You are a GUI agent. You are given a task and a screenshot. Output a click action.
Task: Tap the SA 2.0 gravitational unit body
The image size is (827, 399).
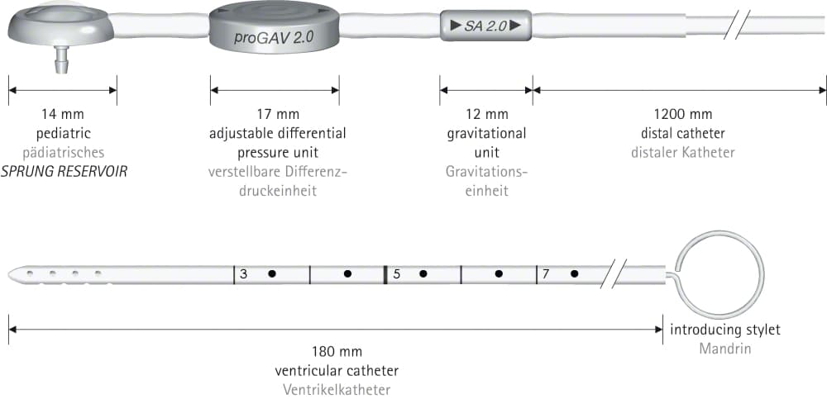pyautogui.click(x=485, y=26)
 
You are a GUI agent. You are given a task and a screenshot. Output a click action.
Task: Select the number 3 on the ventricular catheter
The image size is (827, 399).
pyautogui.click(x=243, y=274)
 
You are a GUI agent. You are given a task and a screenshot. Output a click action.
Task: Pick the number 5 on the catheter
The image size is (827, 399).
pyautogui.click(x=397, y=274)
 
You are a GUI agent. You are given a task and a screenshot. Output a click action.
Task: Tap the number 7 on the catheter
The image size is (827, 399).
pyautogui.click(x=546, y=274)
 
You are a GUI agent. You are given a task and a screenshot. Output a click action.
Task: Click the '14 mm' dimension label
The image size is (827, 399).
pyautogui.click(x=62, y=114)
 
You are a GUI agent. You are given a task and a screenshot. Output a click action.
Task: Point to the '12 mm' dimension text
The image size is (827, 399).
pyautogui.click(x=486, y=114)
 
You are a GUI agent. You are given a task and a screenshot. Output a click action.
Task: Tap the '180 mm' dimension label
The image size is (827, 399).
pyautogui.click(x=337, y=352)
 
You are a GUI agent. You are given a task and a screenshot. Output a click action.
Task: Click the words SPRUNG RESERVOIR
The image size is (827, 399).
pyautogui.click(x=64, y=172)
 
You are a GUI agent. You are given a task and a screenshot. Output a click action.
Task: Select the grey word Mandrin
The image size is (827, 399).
pyautogui.click(x=725, y=349)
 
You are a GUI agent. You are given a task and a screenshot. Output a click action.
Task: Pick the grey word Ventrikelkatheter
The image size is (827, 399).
pyautogui.click(x=337, y=390)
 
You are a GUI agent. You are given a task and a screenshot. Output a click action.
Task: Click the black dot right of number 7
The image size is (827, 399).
pyautogui.click(x=575, y=274)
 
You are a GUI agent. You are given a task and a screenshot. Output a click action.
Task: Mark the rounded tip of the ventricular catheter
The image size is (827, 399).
pyautogui.click(x=12, y=274)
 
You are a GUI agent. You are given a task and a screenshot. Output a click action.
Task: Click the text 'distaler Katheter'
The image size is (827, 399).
pyautogui.click(x=682, y=153)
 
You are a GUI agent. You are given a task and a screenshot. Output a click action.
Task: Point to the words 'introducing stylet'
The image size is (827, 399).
pyautogui.click(x=725, y=330)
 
